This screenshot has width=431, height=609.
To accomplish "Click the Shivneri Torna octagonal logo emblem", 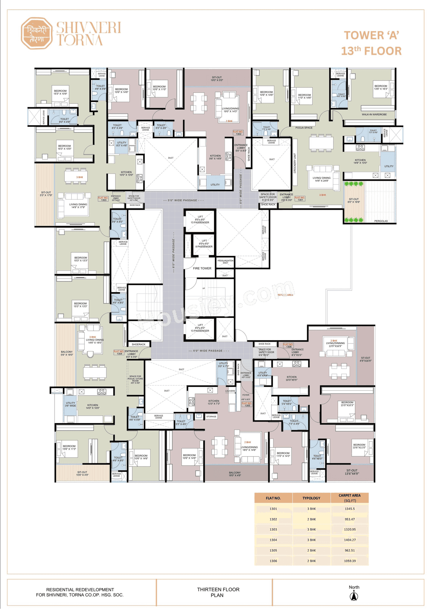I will (x=37, y=33).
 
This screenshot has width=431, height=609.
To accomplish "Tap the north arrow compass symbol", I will (x=354, y=596).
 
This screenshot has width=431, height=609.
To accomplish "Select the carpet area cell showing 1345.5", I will (x=350, y=509).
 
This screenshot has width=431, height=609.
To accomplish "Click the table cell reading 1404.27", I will (x=350, y=540).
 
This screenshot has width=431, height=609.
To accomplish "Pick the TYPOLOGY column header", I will (x=311, y=498).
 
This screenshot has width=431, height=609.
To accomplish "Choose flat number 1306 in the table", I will (x=273, y=561).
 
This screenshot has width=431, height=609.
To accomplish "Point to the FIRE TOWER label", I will (x=202, y=268).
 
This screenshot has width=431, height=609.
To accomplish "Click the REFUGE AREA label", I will (x=285, y=295).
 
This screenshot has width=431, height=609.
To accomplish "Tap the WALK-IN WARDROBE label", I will (x=374, y=114).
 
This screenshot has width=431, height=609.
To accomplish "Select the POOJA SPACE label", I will (x=304, y=128).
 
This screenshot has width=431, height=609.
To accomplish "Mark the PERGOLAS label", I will (x=381, y=221).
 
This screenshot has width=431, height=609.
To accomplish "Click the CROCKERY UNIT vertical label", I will (x=295, y=163).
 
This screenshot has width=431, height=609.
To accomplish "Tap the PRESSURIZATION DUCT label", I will (x=225, y=262).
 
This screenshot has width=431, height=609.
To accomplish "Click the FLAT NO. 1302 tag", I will (x=238, y=133).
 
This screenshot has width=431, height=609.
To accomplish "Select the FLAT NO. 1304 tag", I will (x=119, y=352).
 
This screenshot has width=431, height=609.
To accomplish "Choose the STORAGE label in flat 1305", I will (x=211, y=416).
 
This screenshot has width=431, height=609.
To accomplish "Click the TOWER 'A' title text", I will (x=371, y=35).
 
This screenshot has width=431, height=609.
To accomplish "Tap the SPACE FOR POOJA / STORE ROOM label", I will (x=135, y=379).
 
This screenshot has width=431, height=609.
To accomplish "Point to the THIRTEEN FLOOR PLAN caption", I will (x=218, y=592).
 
